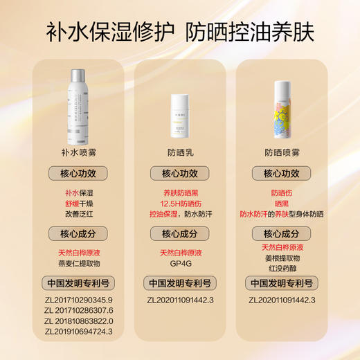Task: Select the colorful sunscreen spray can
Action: [282, 111]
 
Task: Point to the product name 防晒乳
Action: [179, 152]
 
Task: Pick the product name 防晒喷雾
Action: [282, 152]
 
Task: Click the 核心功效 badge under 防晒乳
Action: [179, 174]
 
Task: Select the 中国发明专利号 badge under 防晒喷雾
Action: [282, 282]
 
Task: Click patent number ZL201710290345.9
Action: [78, 300]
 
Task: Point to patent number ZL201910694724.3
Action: [78, 332]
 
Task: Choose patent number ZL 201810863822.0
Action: [78, 321]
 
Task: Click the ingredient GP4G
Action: [179, 264]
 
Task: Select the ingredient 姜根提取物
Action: [282, 258]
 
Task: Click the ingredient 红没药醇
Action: [282, 268]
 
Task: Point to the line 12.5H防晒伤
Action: [179, 204]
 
